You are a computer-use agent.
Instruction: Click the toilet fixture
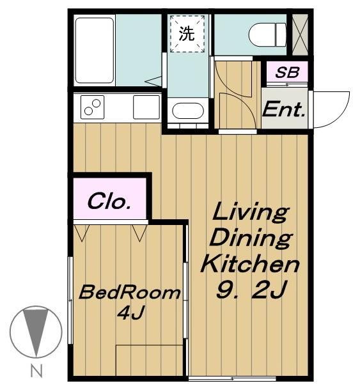(267, 35)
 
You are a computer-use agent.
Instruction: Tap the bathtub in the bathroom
(95, 50)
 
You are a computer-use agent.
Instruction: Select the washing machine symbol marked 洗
(187, 34)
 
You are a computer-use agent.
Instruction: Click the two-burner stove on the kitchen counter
(92, 107)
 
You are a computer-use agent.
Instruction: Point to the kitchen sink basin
(146, 107)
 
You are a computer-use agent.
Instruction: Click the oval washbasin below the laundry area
(188, 111)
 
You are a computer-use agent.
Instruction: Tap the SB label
(287, 72)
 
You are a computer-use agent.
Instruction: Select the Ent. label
(283, 109)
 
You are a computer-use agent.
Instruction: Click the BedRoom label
(129, 293)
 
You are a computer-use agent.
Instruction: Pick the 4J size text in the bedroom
(130, 313)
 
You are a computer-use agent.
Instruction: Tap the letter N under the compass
(36, 371)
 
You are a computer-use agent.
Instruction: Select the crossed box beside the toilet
(300, 35)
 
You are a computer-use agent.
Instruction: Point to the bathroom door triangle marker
(153, 81)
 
